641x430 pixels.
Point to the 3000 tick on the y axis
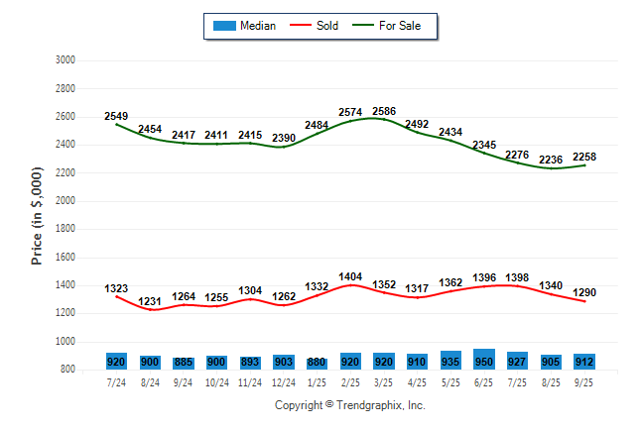pyautogui.click(x=65, y=60)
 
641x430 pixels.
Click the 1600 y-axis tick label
pyautogui.click(x=65, y=258)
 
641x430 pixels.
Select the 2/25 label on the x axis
pyautogui.click(x=350, y=382)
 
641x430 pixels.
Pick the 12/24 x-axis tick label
pyautogui.click(x=283, y=382)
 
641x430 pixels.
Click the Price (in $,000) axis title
pyautogui.click(x=37, y=214)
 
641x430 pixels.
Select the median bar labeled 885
pyautogui.click(x=183, y=362)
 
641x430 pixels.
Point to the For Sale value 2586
pyautogui.click(x=384, y=111)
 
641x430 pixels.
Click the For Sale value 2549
pyautogui.click(x=116, y=116)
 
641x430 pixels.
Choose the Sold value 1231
pyautogui.click(x=150, y=302)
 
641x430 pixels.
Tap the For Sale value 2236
pyautogui.click(x=551, y=160)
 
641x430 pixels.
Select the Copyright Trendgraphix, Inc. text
pyautogui.click(x=349, y=405)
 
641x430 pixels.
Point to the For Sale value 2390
pyautogui.click(x=283, y=138)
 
